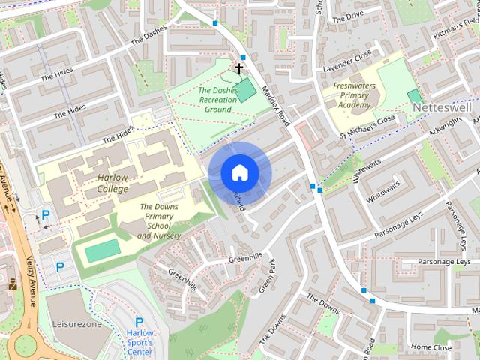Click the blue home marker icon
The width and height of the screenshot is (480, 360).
(239, 172)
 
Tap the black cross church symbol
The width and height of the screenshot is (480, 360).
(239, 68)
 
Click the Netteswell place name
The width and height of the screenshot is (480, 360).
(446, 108)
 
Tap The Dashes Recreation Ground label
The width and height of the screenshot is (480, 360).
(218, 100)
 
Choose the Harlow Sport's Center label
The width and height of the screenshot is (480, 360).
(139, 342)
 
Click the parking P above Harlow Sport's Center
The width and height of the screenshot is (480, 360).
(139, 322)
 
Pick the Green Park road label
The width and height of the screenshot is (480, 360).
(267, 275)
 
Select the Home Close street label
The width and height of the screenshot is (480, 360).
(431, 347)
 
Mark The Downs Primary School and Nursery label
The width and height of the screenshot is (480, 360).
(159, 221)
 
